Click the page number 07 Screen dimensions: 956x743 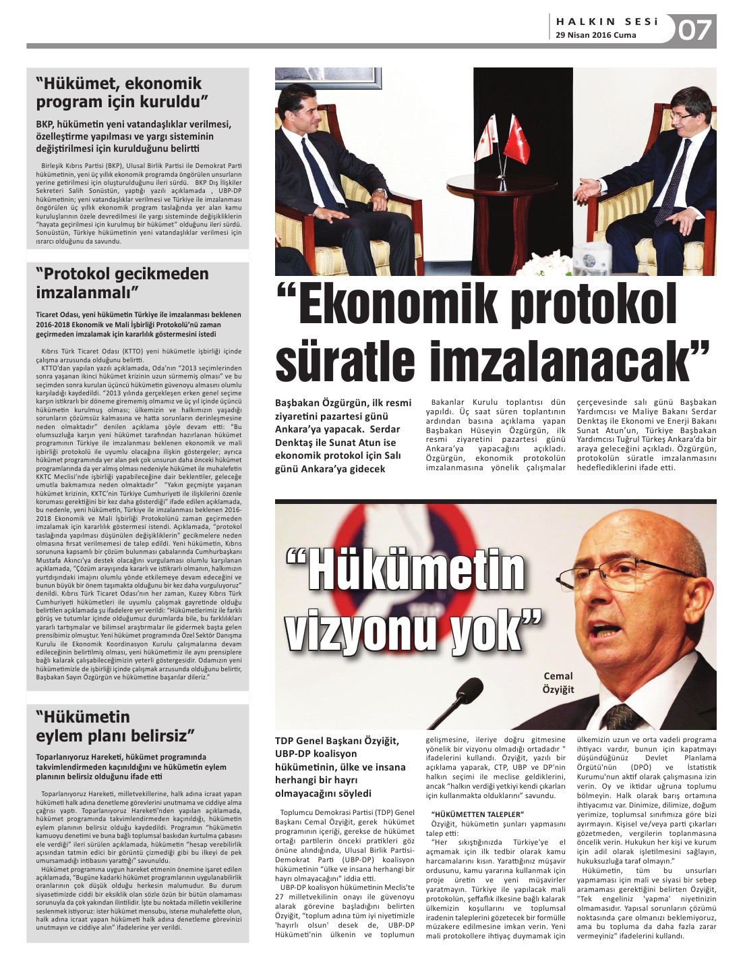coord(695,30)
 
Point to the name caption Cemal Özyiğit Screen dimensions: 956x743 coord(558,682)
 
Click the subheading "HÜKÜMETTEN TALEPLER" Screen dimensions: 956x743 coord(477,814)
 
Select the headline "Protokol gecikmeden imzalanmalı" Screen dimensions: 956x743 coord(122,283)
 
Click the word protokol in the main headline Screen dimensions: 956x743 coord(594,307)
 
